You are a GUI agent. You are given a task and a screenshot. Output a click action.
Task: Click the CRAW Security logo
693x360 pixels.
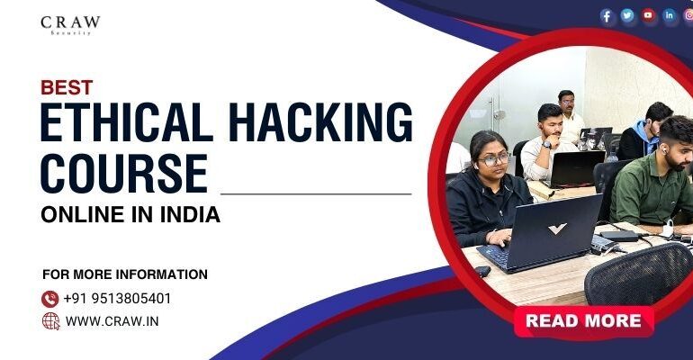(71, 24)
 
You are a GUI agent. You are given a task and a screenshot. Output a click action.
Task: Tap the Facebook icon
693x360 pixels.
(607, 16)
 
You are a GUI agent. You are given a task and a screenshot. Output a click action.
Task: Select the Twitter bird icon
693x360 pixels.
(627, 15)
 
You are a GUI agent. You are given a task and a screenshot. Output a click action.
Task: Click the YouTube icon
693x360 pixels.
(648, 15)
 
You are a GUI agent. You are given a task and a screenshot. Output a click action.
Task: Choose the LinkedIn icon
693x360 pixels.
(669, 15)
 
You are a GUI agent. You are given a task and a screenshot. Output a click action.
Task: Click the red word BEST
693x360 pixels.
(67, 87)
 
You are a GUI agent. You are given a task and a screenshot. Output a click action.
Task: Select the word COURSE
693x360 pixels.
(123, 173)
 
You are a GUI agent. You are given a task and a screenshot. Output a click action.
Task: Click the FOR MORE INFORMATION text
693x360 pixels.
(125, 274)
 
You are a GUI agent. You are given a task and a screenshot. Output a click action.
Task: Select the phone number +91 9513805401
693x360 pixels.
(117, 298)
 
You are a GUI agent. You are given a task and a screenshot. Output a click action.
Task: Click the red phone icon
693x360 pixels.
(50, 298)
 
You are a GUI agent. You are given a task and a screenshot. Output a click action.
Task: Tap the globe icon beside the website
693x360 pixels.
(50, 320)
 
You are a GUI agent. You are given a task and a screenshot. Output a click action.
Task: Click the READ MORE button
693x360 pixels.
(583, 320)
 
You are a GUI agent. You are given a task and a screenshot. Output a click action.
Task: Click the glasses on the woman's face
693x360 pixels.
(494, 159)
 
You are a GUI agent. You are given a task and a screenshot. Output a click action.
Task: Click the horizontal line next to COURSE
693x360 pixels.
(316, 193)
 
